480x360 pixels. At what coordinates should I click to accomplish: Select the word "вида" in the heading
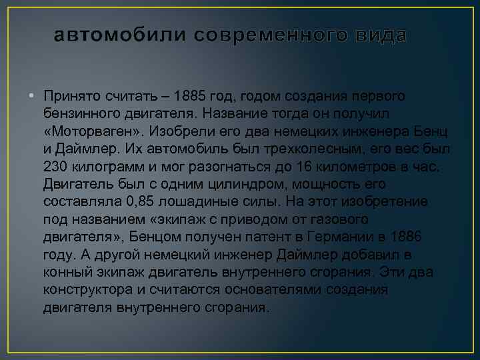pos(380,35)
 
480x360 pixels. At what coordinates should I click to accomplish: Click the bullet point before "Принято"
pos(31,97)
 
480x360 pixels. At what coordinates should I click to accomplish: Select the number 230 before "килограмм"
pos(55,167)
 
